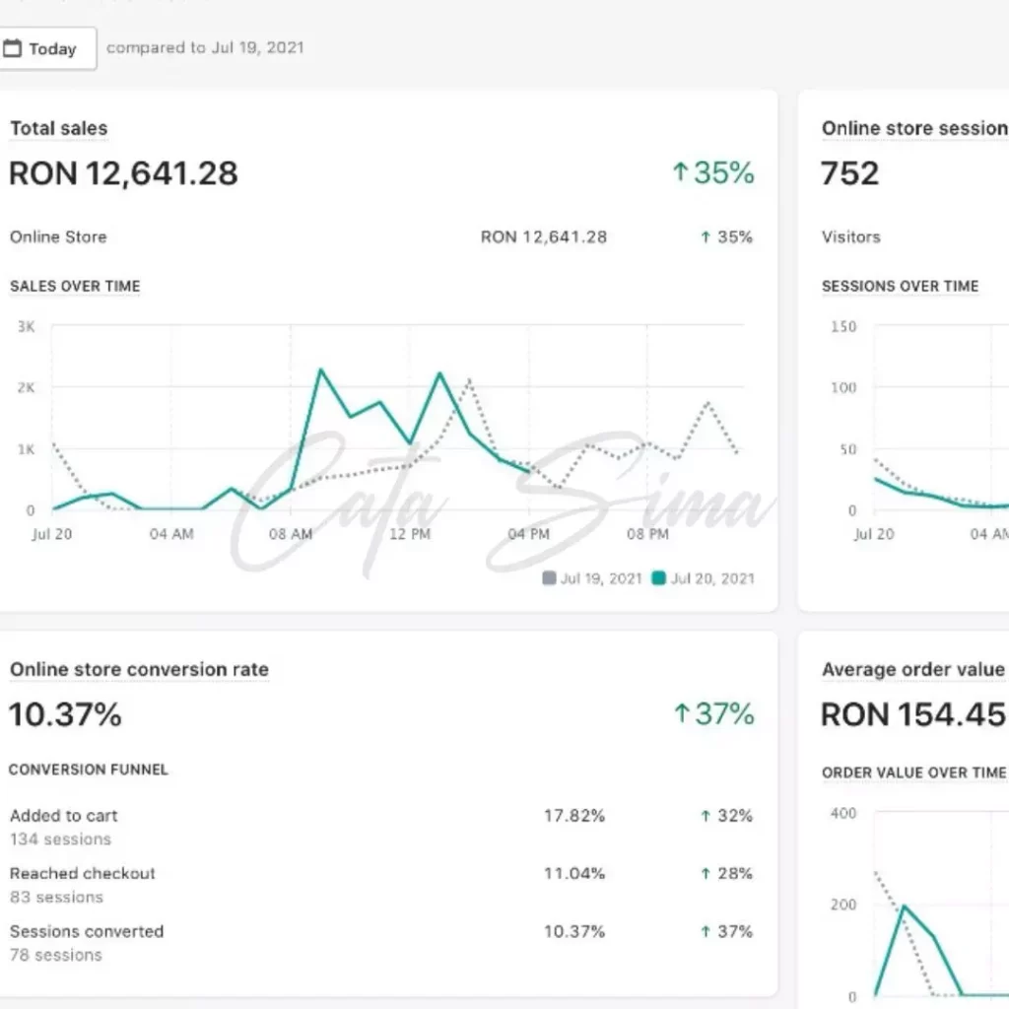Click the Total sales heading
(x=58, y=128)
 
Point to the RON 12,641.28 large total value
(x=123, y=173)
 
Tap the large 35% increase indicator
(x=712, y=173)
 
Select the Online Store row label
(x=58, y=236)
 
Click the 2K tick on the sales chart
(x=26, y=387)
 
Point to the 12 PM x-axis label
(x=410, y=534)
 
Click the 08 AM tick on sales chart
(x=291, y=534)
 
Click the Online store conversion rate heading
(x=139, y=669)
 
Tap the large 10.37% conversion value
(x=65, y=714)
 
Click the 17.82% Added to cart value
(x=574, y=816)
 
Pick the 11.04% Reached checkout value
(x=574, y=873)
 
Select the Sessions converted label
(x=87, y=931)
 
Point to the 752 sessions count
(x=849, y=173)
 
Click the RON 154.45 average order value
(x=912, y=714)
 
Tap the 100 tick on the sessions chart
(x=843, y=387)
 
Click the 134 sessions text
(x=60, y=840)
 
